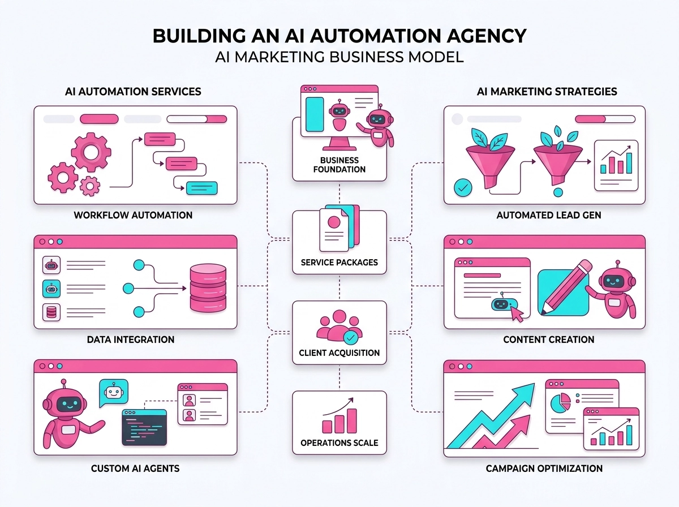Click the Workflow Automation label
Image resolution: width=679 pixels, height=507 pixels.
(133, 215)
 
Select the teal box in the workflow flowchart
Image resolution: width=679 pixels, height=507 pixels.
(201, 187)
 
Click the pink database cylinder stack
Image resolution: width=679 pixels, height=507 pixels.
(208, 289)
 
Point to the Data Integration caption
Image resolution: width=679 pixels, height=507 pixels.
(130, 340)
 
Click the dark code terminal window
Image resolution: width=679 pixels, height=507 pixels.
(145, 427)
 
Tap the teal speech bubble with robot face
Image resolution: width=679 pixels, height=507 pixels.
(113, 392)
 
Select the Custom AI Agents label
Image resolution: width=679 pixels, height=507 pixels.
(135, 469)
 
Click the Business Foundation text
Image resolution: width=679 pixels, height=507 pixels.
(339, 165)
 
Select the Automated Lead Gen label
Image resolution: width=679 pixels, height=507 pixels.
(548, 215)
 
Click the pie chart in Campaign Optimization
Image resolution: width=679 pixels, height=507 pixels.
(560, 404)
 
